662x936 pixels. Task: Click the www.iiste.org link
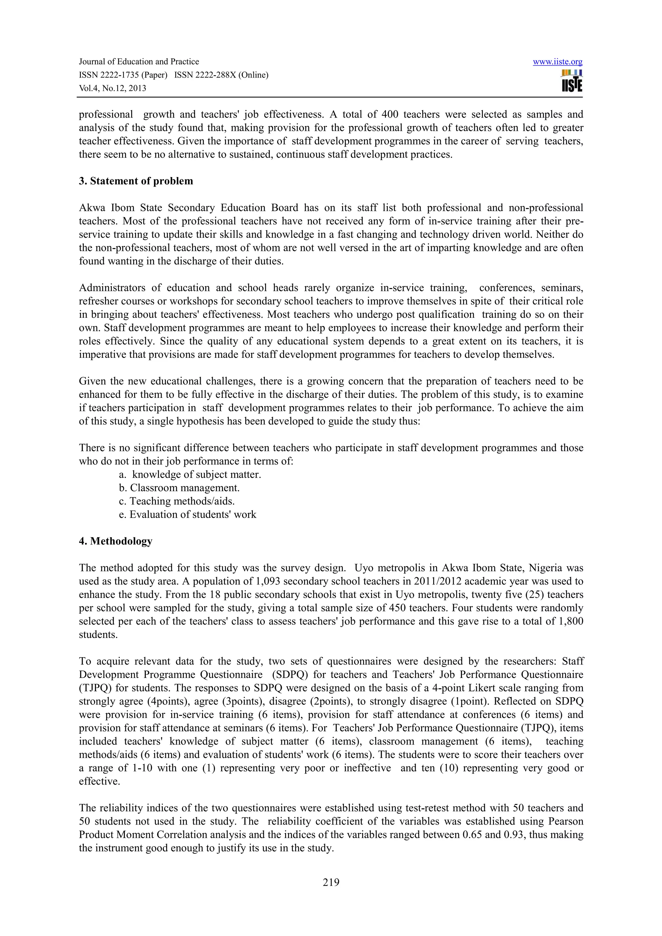[557, 62]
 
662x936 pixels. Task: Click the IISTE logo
[572, 81]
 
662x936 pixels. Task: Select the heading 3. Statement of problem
[136, 181]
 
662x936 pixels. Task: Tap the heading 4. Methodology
[115, 541]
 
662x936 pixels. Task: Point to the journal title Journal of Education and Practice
[139, 62]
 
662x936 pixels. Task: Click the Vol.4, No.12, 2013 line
[112, 88]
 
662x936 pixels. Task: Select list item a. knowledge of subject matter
[190, 474]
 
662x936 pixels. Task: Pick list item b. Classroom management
[179, 488]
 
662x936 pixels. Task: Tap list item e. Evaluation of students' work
[187, 515]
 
